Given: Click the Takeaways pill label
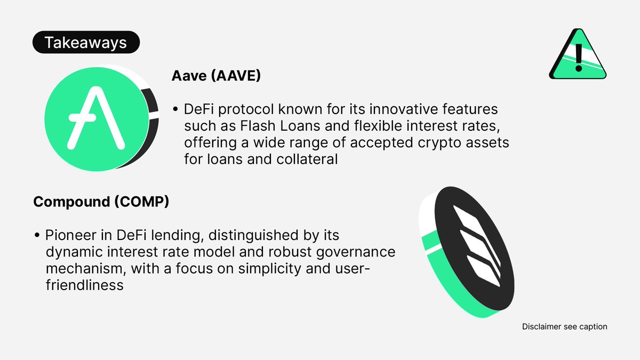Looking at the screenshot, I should pyautogui.click(x=86, y=43).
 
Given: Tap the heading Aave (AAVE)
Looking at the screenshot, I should pyautogui.click(x=216, y=76).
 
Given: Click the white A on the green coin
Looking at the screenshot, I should pyautogui.click(x=97, y=120).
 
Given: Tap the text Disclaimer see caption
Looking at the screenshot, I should pyautogui.click(x=564, y=326).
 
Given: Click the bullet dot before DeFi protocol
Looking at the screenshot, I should pyautogui.click(x=175, y=109).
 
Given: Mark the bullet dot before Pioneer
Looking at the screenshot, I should pyautogui.click(x=37, y=235).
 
